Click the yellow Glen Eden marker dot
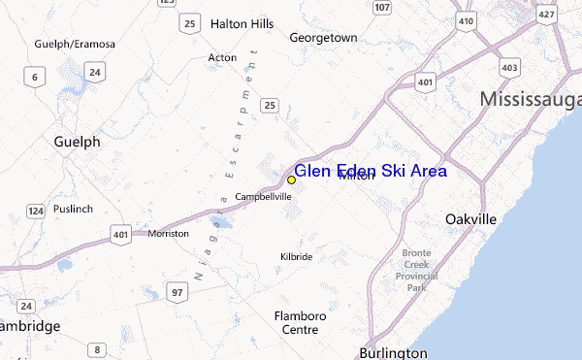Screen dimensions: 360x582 (291, 180)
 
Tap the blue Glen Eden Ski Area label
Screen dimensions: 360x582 (370, 171)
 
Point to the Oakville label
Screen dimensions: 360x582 (470, 219)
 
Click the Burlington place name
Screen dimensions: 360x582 (393, 352)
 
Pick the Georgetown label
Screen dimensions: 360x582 (323, 38)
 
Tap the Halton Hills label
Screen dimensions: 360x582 (242, 23)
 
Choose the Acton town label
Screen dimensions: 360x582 (222, 57)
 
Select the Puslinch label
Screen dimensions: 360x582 (73, 208)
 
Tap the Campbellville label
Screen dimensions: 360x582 (264, 197)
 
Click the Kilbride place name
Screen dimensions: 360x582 (296, 256)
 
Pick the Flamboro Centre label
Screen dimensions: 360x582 (300, 323)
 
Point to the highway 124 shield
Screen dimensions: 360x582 (36, 211)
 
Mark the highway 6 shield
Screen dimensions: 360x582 (36, 78)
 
